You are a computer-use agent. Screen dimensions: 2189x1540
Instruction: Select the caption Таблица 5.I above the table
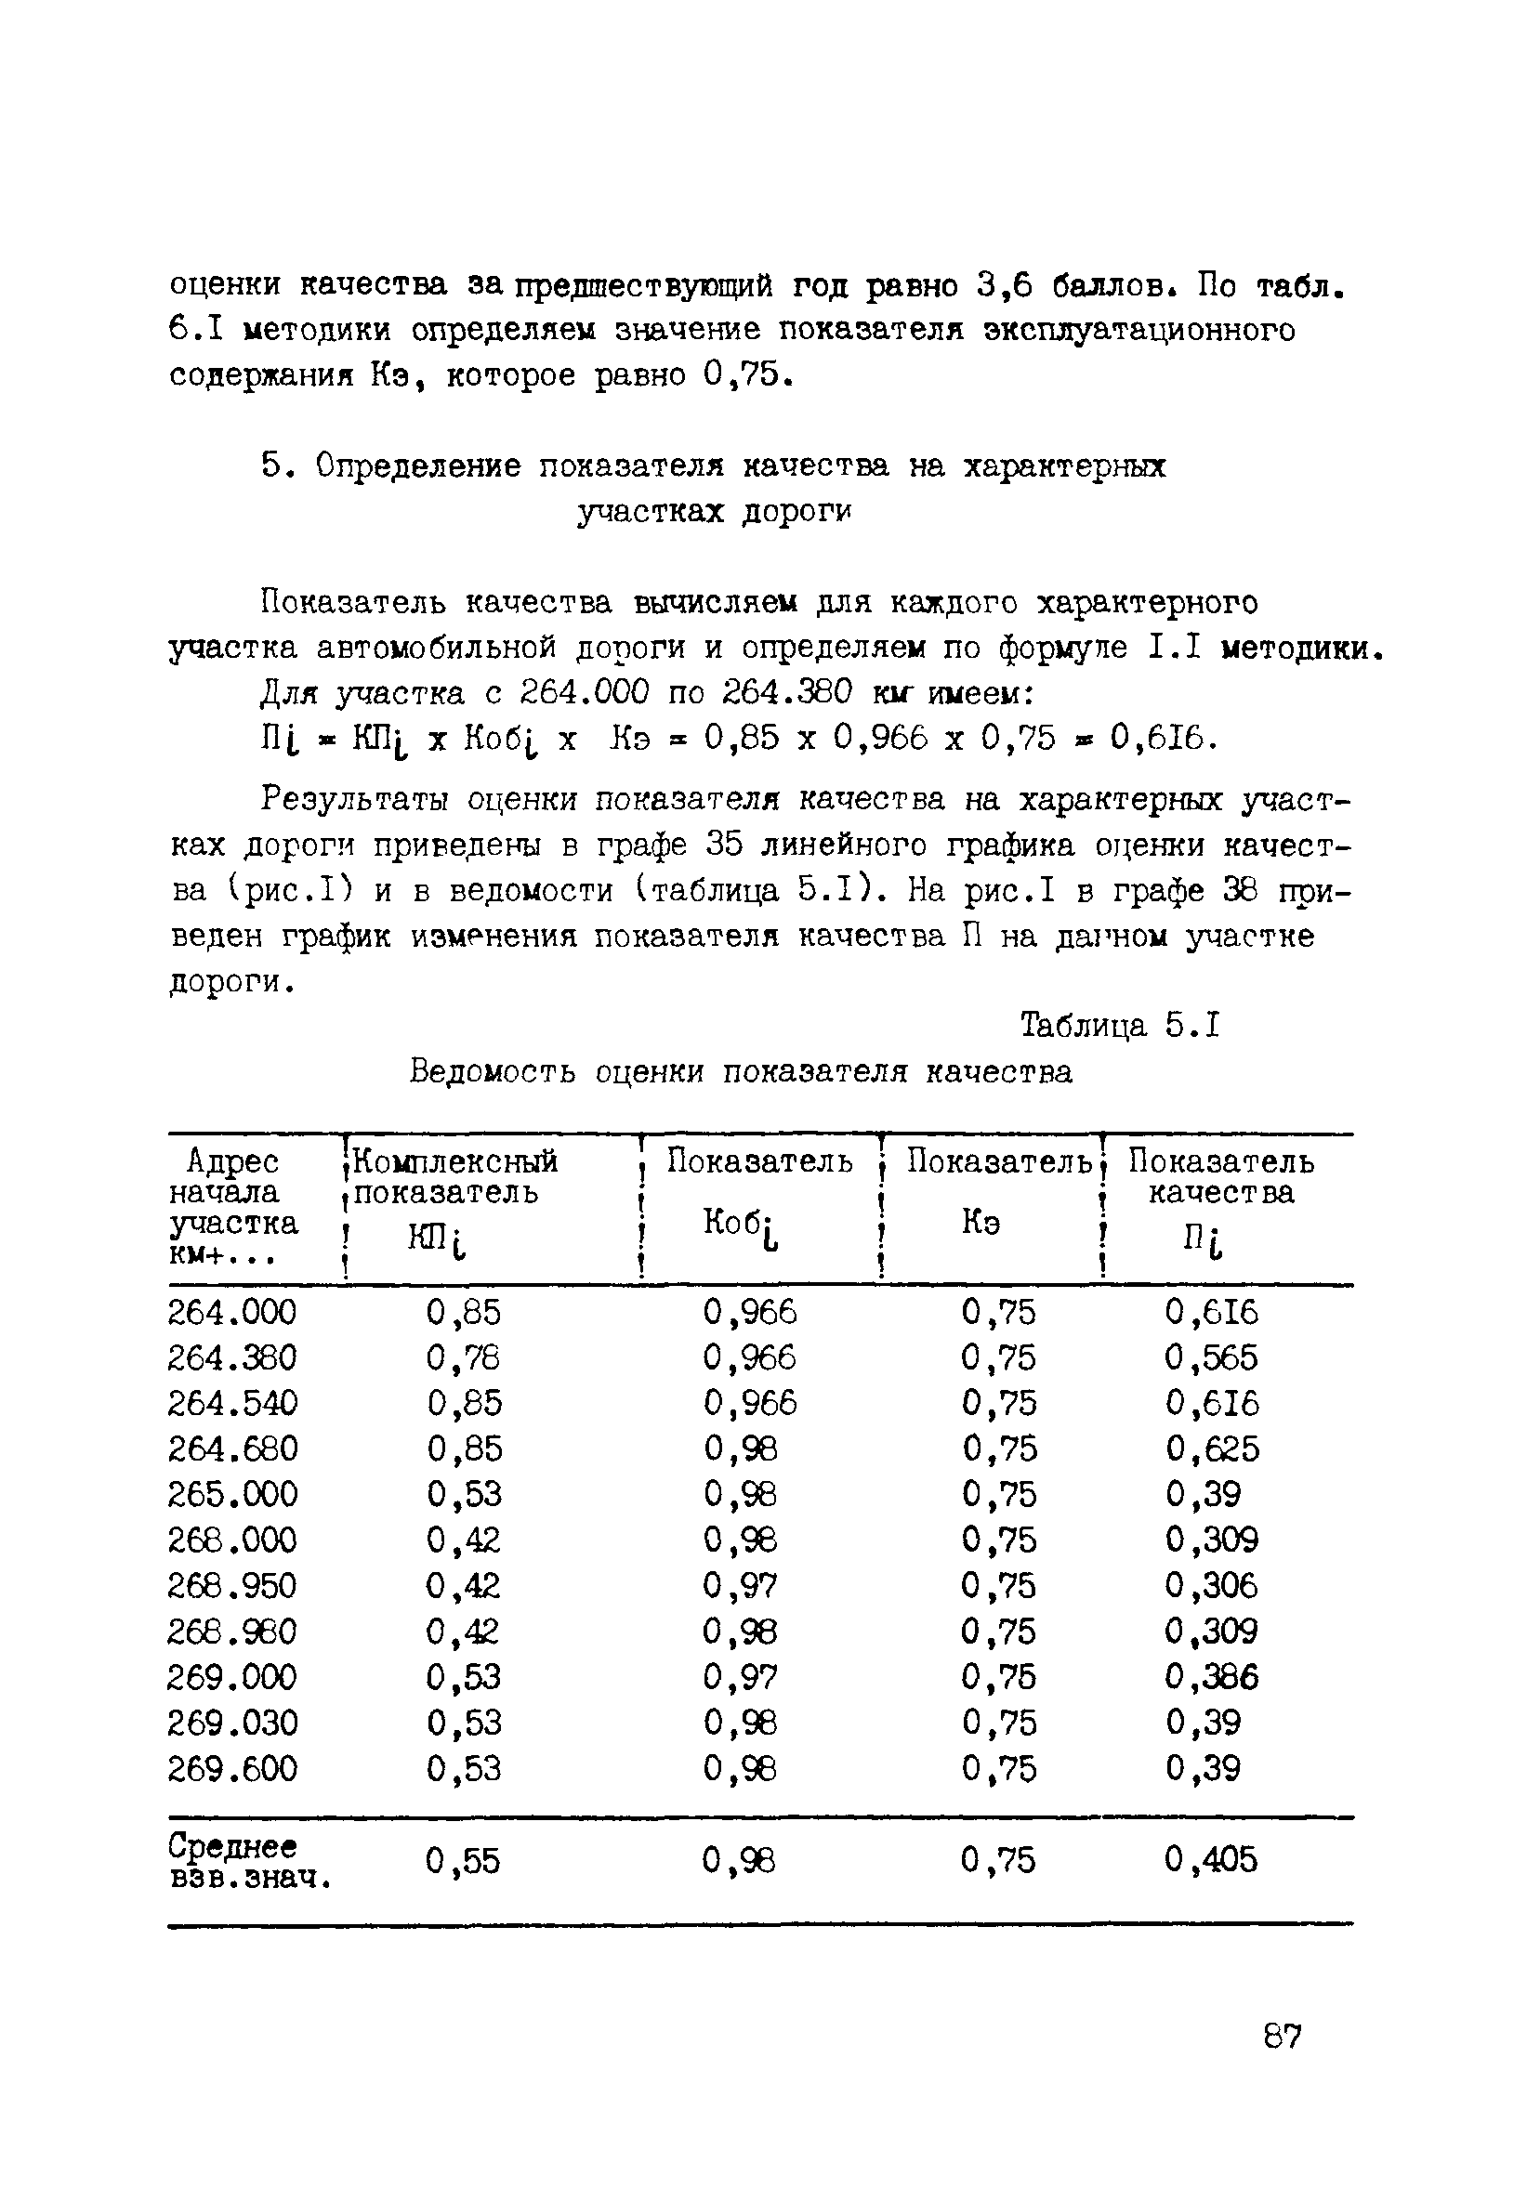tap(1120, 1026)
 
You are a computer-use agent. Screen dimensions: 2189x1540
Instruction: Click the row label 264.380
tap(231, 1357)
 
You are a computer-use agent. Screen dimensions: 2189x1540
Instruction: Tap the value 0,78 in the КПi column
tap(464, 1357)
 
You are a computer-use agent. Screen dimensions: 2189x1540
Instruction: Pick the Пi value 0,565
tap(1211, 1357)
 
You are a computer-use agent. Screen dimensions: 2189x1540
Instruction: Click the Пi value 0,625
tap(1211, 1449)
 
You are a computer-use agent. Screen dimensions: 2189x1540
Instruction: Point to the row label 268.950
tap(231, 1585)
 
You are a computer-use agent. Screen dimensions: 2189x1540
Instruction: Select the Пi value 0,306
tap(1211, 1585)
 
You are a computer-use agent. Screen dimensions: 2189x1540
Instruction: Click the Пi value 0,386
tap(1211, 1677)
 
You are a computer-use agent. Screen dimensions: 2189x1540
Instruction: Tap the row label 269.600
tap(231, 1768)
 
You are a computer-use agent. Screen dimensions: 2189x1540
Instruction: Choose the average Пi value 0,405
tap(1211, 1859)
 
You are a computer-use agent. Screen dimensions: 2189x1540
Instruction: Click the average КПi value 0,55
tap(464, 1859)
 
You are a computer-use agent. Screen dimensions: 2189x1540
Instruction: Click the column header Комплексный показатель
tap(454, 1176)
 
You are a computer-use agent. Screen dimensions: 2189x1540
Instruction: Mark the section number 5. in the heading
tap(273, 466)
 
